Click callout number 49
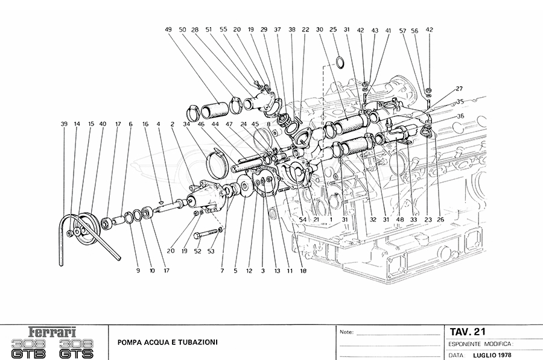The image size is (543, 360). click(x=168, y=30)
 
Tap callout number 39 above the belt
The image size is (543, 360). click(x=64, y=124)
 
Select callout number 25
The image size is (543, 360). click(x=333, y=30)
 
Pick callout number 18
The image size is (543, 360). click(x=303, y=271)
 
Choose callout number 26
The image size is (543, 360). click(x=440, y=219)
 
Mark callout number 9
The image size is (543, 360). click(x=138, y=271)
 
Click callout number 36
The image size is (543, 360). click(x=460, y=116)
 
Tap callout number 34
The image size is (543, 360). click(x=187, y=124)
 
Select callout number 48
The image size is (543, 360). click(x=399, y=219)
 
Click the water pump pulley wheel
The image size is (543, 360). click(x=89, y=231)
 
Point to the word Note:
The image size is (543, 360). click(x=346, y=332)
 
